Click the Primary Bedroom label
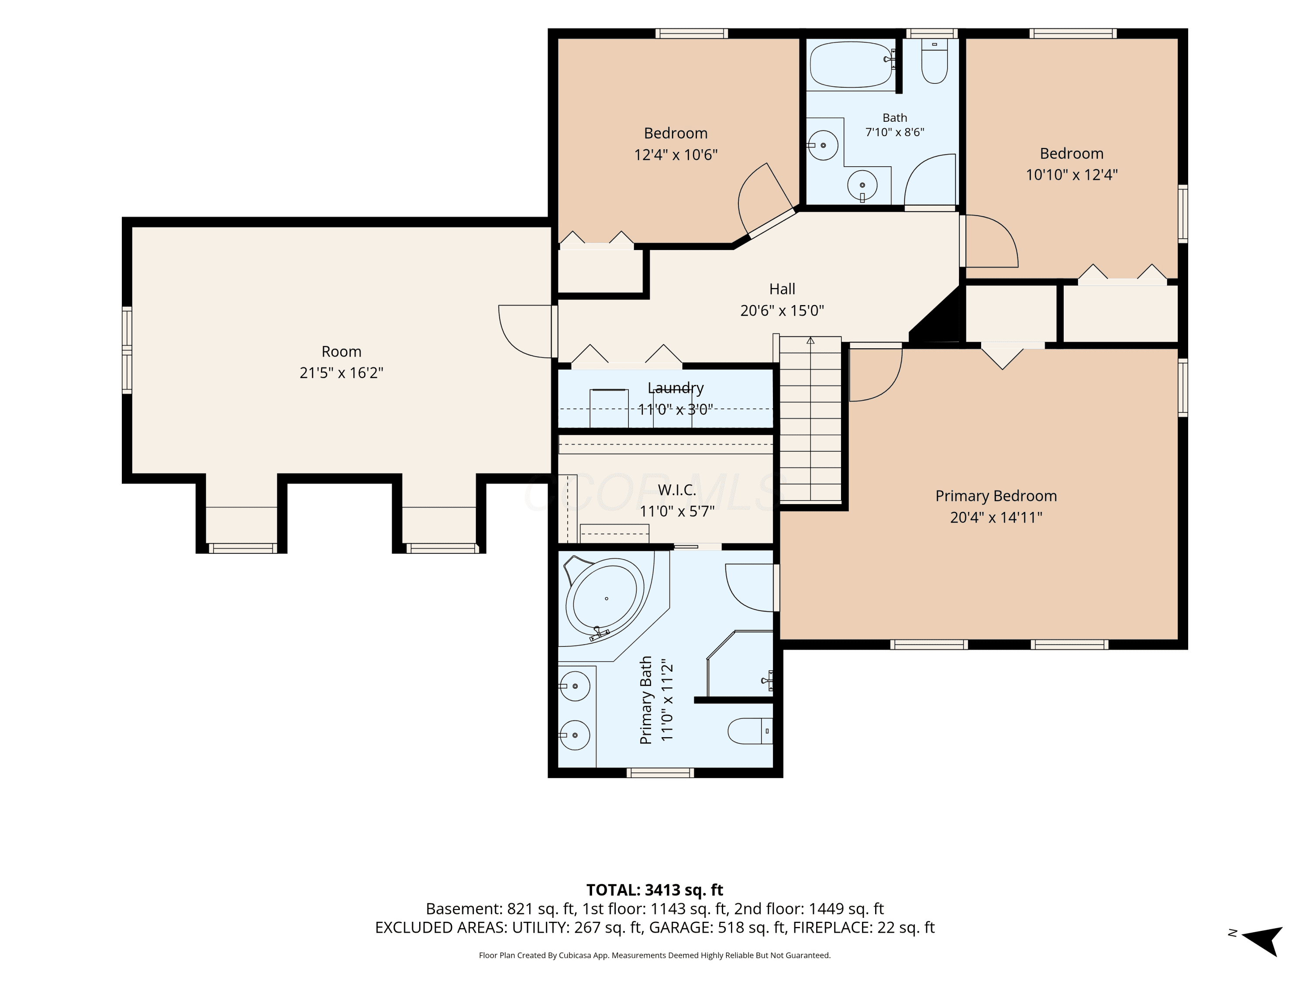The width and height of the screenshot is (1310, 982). click(x=996, y=496)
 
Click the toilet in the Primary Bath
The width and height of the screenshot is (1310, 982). click(x=750, y=731)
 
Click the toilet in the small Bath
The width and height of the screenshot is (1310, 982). click(x=934, y=61)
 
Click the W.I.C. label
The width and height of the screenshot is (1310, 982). click(x=676, y=490)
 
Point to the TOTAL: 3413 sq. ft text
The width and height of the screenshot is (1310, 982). click(x=655, y=889)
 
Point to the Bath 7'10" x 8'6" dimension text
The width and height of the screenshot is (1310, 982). click(x=894, y=132)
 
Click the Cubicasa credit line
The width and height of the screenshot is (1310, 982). click(x=655, y=955)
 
